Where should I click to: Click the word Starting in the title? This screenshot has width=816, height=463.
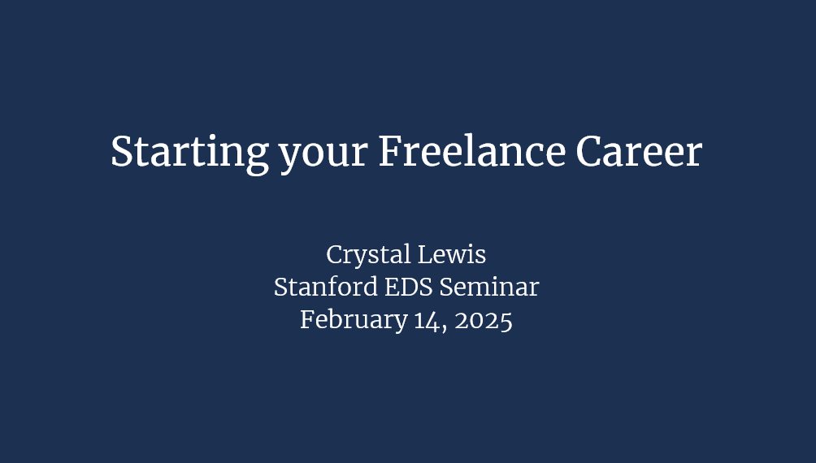[190, 154]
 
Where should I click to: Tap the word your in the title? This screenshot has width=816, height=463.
[323, 156]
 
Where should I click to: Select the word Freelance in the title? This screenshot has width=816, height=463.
[472, 151]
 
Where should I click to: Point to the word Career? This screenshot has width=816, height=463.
[639, 151]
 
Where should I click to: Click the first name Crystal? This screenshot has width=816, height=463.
[368, 255]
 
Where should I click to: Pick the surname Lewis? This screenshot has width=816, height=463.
[452, 254]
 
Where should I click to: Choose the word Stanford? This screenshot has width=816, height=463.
[326, 287]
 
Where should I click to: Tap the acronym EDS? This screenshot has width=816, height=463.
[409, 287]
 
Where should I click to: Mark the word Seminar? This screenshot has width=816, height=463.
[489, 287]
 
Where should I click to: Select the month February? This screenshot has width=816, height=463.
[354, 320]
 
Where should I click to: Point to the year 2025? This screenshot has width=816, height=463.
[484, 320]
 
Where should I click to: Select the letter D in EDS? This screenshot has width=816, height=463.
[409, 288]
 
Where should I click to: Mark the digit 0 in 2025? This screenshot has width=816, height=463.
[477, 321]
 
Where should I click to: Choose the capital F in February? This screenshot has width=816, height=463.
[308, 319]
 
